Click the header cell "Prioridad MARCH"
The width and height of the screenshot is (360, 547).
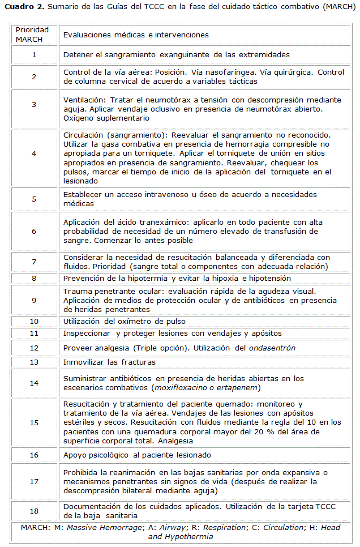33,35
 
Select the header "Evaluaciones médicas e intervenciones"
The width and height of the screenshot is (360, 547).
136,35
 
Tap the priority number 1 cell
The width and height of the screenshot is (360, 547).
34,55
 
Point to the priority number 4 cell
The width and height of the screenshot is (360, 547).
34,153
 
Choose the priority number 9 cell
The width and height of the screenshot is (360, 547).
34,300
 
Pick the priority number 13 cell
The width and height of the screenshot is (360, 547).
34,362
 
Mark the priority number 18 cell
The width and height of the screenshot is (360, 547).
34,511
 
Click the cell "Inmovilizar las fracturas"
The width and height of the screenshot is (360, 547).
109,362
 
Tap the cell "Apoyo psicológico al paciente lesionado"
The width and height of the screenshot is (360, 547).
137,455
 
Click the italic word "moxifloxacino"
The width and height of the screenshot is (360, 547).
181,387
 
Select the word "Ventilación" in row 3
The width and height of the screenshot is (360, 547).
84,100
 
